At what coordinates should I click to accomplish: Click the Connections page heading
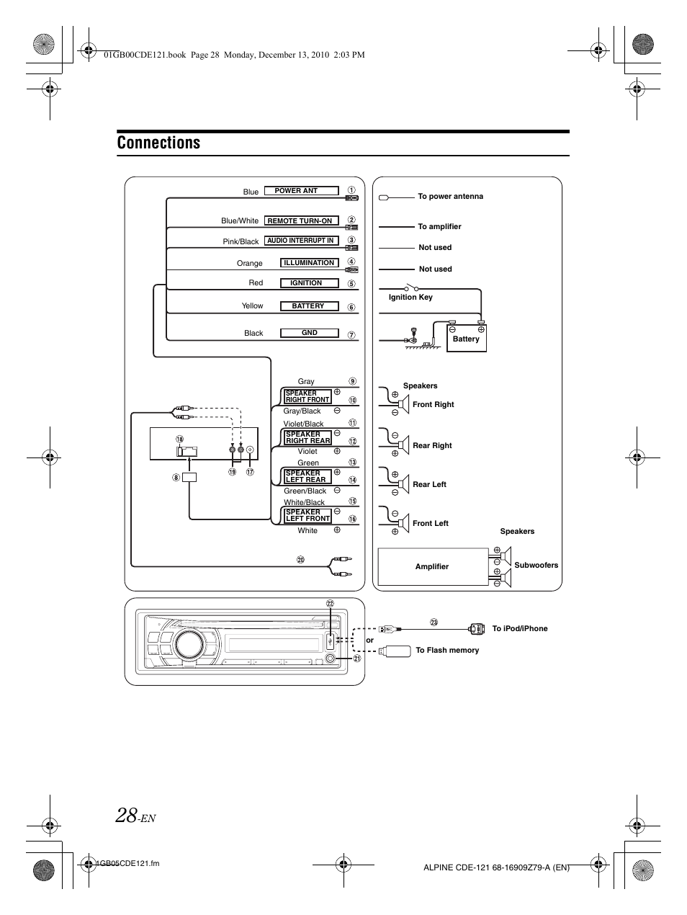pos(158,143)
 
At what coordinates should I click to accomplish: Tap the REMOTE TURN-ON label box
pos(300,220)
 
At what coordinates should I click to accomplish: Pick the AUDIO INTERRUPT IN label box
pos(300,241)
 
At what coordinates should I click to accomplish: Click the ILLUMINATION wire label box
pos(308,263)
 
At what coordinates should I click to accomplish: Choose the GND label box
pos(309,333)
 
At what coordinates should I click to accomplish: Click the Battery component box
pos(466,338)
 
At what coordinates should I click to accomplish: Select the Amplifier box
pos(432,566)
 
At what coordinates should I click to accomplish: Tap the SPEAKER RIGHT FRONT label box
pos(307,396)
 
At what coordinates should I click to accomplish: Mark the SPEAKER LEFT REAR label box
pos(307,476)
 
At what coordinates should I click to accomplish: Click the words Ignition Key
pos(410,297)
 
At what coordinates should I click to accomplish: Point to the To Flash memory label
pos(447,650)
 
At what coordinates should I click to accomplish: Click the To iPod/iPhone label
pos(520,628)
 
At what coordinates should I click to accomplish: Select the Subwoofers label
pos(536,565)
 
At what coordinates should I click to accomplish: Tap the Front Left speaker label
pos(431,523)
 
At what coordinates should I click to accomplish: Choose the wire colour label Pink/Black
pos(241,241)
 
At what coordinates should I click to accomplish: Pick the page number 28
pos(126,815)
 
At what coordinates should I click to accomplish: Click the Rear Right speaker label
pos(432,445)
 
